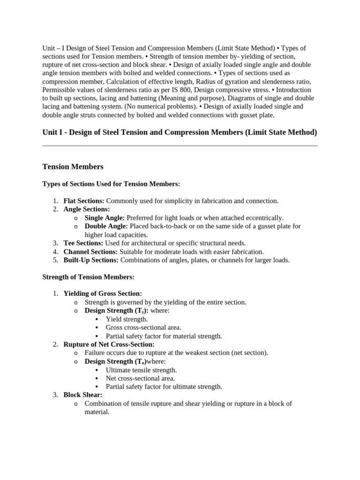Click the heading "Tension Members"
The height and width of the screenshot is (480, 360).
pos(73,167)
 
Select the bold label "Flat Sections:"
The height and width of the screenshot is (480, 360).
pos(84,201)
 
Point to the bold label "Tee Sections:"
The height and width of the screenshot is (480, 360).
pos(83,243)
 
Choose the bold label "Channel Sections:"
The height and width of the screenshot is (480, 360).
pos(90,252)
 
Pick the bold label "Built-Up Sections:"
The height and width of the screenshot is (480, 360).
pos(91,260)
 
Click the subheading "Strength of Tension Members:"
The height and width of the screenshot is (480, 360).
pos(88,277)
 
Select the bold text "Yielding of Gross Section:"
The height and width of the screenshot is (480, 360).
pos(103,294)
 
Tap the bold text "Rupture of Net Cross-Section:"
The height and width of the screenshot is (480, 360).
pos(109,345)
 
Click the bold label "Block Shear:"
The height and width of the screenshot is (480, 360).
pos(83,395)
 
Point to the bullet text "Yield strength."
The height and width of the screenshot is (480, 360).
pos(127,319)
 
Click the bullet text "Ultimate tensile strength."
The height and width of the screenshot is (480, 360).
pos(141,370)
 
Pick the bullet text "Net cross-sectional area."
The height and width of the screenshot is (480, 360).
pos(140,378)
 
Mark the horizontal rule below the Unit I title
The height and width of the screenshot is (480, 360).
pos(180,146)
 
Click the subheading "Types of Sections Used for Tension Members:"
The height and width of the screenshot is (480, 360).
pos(111,184)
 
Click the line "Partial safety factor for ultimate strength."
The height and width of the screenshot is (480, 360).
pos(164,387)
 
